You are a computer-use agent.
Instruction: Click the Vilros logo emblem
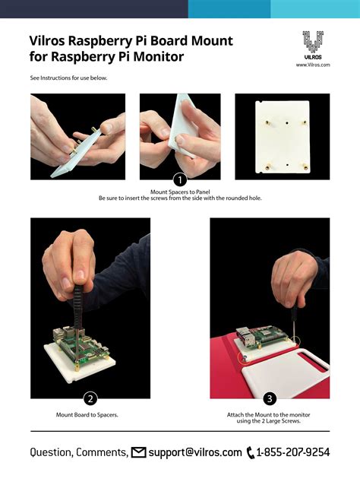(313, 42)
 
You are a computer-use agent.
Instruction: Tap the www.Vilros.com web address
(313, 65)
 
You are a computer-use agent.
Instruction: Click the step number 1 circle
(180, 179)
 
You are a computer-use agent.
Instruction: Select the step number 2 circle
(90, 398)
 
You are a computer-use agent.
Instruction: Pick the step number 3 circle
(270, 398)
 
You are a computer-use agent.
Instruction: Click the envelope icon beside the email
(138, 452)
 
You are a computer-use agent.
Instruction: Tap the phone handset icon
(251, 452)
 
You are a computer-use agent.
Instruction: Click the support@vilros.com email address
(195, 452)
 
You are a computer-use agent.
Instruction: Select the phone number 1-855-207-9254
(293, 452)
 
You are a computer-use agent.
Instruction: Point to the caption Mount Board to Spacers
(87, 415)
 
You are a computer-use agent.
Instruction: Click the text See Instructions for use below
(68, 78)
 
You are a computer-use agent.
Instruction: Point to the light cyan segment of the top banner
(315, 9)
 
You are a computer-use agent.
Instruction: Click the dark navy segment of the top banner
(94, 9)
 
